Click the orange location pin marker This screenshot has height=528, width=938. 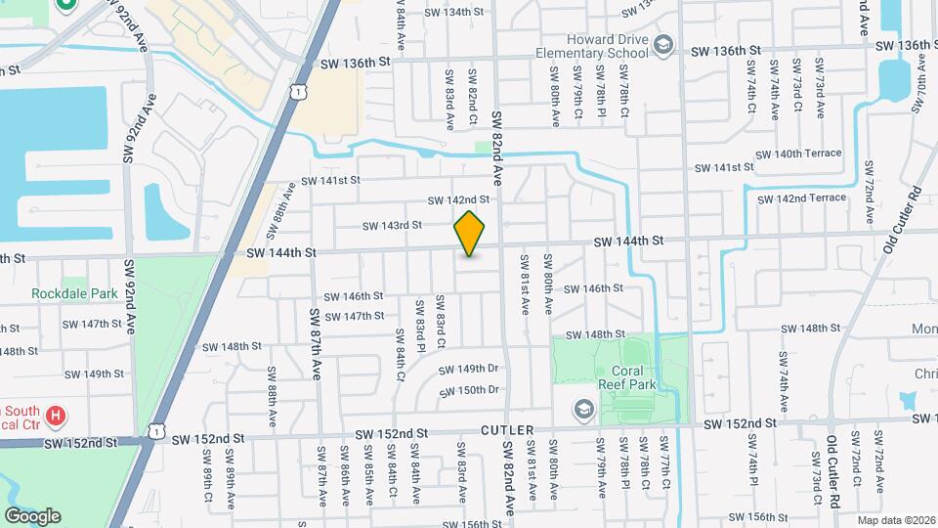click(470, 234)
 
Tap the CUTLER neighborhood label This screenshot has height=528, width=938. click(508, 430)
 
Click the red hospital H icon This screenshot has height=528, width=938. click(57, 415)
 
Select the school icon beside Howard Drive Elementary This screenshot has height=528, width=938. click(664, 44)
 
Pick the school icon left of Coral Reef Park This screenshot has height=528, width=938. click(584, 409)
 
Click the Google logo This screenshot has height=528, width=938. click(32, 515)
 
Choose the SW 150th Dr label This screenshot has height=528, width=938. click(469, 390)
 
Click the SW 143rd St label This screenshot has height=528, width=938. click(391, 225)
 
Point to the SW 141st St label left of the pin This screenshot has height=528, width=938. click(330, 180)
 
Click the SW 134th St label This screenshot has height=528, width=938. click(454, 12)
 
